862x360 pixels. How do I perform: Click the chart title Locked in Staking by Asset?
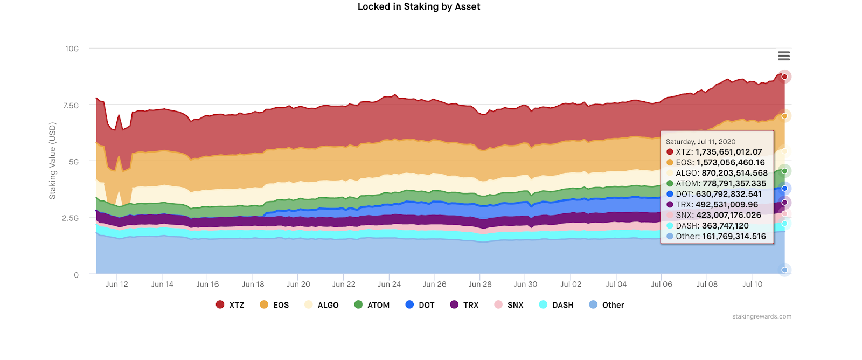point(419,6)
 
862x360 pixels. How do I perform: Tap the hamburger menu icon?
point(784,56)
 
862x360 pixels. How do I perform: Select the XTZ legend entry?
point(230,305)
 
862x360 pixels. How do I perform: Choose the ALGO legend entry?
point(322,305)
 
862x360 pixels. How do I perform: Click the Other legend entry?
point(607,305)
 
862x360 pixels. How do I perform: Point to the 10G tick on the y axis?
point(72,49)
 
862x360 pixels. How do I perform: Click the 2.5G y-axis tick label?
point(71,218)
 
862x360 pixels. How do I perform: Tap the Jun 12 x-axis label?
point(117,285)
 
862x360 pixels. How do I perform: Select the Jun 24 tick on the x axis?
point(389,285)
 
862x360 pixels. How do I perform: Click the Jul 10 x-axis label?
point(752,285)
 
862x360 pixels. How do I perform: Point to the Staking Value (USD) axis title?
point(52,161)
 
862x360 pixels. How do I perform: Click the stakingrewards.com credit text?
point(761,316)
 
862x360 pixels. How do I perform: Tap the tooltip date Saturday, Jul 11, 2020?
point(700,142)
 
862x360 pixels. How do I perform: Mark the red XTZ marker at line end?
point(784,77)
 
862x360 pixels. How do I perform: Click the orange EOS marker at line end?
point(784,116)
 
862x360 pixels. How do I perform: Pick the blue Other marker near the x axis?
point(784,270)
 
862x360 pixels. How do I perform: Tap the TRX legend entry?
point(464,305)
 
